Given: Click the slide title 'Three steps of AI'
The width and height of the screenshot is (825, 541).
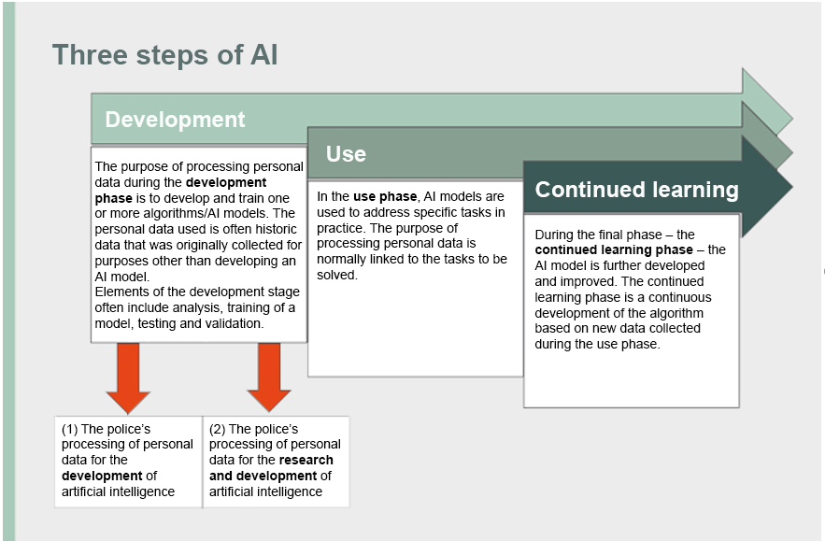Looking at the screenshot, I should pyautogui.click(x=164, y=55).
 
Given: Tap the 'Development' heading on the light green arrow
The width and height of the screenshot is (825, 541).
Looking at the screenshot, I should pyautogui.click(x=175, y=120).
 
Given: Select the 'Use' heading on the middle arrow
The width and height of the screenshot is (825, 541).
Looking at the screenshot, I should pyautogui.click(x=346, y=154).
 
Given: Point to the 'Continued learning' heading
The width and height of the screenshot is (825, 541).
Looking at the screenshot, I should pyautogui.click(x=636, y=190).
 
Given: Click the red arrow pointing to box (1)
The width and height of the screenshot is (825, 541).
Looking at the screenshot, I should pyautogui.click(x=128, y=377).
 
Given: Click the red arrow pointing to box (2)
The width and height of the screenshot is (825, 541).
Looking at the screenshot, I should pyautogui.click(x=269, y=377).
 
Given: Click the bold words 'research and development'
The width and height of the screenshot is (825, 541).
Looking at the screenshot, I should pyautogui.click(x=271, y=467).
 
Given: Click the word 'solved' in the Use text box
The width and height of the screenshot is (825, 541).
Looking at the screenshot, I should pyautogui.click(x=337, y=275).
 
